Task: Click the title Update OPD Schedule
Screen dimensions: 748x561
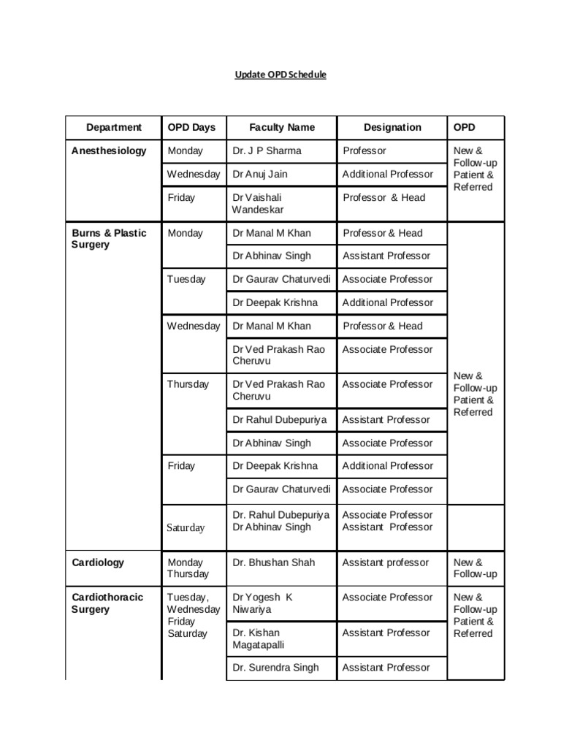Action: (280, 75)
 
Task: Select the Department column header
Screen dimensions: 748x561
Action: (113, 127)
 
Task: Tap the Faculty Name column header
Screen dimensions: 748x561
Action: (281, 127)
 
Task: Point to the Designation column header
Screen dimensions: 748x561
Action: (392, 127)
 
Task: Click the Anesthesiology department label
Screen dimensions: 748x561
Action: (109, 151)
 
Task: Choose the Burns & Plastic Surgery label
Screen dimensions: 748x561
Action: (109, 239)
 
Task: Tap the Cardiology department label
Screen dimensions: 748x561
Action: (98, 562)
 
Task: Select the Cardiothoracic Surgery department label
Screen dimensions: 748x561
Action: (107, 603)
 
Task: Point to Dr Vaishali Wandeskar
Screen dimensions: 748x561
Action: (258, 204)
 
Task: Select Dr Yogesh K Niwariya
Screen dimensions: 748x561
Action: (262, 603)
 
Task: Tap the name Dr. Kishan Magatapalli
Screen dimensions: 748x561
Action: (257, 638)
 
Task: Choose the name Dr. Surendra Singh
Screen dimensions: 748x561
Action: (275, 668)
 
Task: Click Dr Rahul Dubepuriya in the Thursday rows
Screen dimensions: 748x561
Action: (278, 420)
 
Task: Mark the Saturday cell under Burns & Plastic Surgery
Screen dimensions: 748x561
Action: (186, 527)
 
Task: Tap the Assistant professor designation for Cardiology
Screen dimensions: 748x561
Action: (386, 562)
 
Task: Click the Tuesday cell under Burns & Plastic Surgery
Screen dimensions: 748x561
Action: (186, 279)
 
